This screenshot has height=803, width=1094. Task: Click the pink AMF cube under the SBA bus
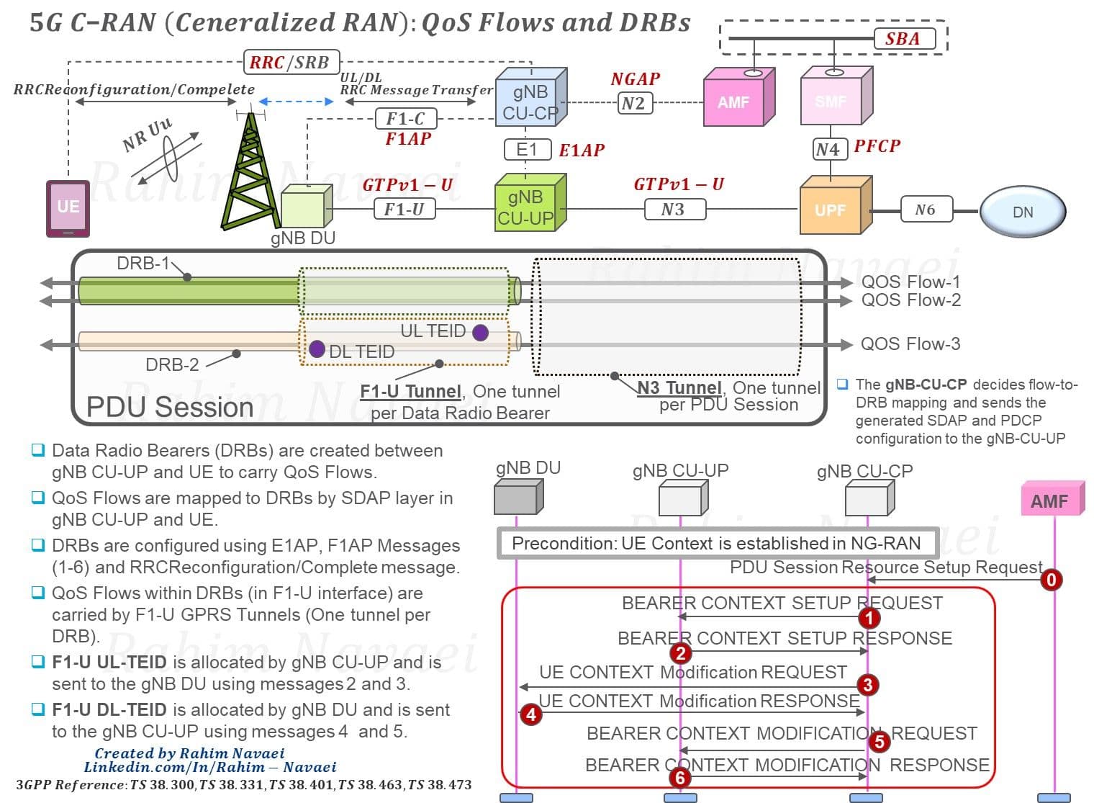(x=738, y=97)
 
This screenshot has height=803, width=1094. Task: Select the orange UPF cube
(x=836, y=205)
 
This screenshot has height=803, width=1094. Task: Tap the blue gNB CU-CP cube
(x=531, y=97)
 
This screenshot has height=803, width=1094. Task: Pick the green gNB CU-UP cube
(x=530, y=202)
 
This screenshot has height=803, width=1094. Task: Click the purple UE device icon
(x=68, y=209)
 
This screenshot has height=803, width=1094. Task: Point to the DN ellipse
(x=1023, y=212)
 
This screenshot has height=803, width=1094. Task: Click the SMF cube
(x=836, y=96)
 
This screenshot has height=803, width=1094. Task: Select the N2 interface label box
(x=635, y=103)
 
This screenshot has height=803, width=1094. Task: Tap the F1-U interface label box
(x=404, y=210)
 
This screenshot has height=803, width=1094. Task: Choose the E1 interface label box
(x=528, y=150)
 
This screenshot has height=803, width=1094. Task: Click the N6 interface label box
(x=926, y=210)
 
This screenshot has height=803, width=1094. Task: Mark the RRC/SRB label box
(x=291, y=62)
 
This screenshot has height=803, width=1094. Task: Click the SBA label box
(x=905, y=39)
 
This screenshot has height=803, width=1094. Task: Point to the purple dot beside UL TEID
(x=481, y=333)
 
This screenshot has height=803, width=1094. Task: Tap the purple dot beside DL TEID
(x=317, y=349)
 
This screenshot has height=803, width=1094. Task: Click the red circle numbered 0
(x=1051, y=580)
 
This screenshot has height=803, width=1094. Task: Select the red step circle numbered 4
(x=531, y=715)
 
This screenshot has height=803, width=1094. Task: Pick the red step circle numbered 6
(x=680, y=778)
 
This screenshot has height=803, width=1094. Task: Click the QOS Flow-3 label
(x=910, y=344)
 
